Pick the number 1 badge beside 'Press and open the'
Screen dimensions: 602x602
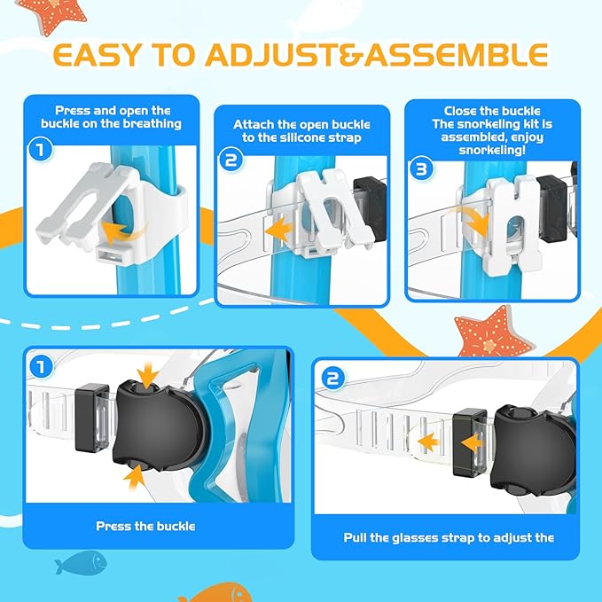pyautogui.click(x=40, y=150)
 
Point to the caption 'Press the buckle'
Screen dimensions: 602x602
pyautogui.click(x=145, y=526)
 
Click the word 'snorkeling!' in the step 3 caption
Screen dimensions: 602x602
pyautogui.click(x=504, y=152)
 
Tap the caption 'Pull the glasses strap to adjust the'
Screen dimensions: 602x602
pyautogui.click(x=449, y=537)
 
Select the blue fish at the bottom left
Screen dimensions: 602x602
pyautogui.click(x=80, y=561)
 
